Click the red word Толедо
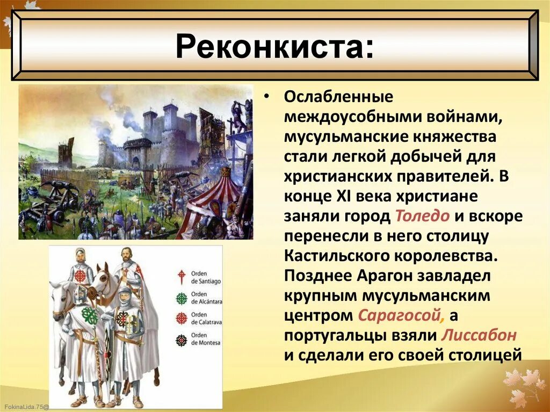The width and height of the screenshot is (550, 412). tap(422, 216)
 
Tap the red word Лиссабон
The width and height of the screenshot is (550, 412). tap(479, 335)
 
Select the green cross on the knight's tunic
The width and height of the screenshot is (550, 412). tap(90, 316)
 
